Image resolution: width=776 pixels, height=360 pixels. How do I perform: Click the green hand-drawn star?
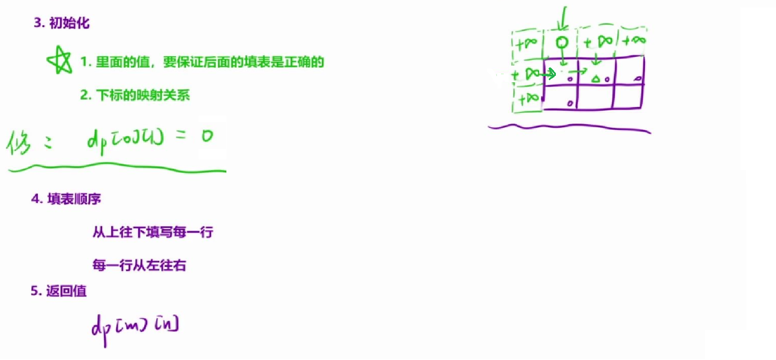(x=59, y=60)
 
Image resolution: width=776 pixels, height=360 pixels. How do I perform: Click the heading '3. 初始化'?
(x=62, y=22)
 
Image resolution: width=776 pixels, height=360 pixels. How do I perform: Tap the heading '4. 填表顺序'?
(x=66, y=198)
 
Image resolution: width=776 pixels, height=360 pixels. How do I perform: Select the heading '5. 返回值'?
(x=59, y=291)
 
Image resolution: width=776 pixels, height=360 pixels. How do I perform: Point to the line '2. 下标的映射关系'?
(x=135, y=95)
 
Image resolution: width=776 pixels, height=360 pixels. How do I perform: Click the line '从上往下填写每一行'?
(x=153, y=232)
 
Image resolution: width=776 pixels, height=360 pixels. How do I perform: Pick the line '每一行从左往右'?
(x=140, y=265)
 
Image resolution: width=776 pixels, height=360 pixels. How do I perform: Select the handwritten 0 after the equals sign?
(x=207, y=135)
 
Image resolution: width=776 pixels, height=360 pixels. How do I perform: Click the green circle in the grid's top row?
(x=562, y=43)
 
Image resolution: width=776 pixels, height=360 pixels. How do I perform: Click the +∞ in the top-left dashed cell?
(x=527, y=44)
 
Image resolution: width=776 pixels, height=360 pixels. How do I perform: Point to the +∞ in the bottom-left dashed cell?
(x=528, y=98)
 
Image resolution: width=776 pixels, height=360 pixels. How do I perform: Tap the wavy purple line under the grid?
(x=569, y=129)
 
